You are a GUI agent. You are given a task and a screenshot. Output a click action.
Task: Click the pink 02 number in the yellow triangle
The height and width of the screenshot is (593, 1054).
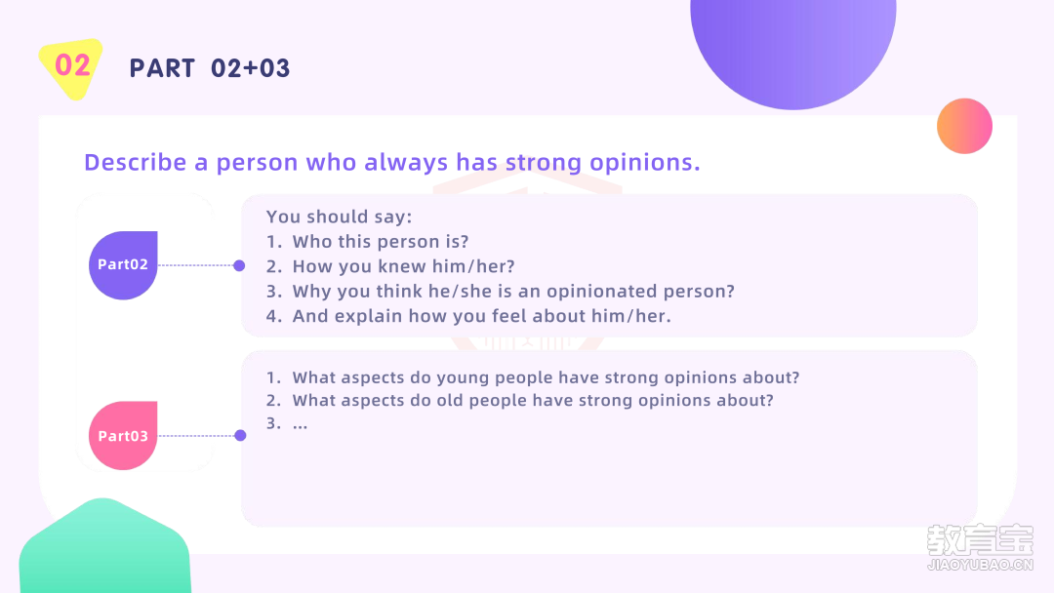click(x=72, y=65)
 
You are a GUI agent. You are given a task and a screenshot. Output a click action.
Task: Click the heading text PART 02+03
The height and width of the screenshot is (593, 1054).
click(x=209, y=68)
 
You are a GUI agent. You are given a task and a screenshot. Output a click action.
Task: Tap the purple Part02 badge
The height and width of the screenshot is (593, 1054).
click(x=123, y=265)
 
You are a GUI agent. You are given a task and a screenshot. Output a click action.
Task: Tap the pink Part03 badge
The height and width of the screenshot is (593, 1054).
click(x=123, y=436)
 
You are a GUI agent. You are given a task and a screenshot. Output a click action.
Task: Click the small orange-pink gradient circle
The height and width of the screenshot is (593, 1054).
click(x=964, y=126)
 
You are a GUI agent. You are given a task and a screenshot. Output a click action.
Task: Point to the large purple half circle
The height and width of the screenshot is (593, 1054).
click(x=793, y=47)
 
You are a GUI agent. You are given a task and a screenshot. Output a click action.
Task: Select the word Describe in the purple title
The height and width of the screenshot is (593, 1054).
click(x=135, y=162)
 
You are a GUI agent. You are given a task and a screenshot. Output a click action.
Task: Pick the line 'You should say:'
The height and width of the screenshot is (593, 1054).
click(x=339, y=217)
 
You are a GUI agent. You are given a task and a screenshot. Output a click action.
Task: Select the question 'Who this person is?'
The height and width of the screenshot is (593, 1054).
click(x=381, y=242)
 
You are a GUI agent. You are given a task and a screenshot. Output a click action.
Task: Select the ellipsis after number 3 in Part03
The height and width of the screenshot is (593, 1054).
click(x=300, y=424)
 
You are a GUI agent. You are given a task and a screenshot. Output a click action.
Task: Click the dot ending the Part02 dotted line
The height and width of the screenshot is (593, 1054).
click(x=239, y=266)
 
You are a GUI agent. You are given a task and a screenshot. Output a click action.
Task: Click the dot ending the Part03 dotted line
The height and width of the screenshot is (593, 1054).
click(x=240, y=436)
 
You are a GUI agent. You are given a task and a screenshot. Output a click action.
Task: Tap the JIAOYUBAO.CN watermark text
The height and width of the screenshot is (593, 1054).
click(x=980, y=565)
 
